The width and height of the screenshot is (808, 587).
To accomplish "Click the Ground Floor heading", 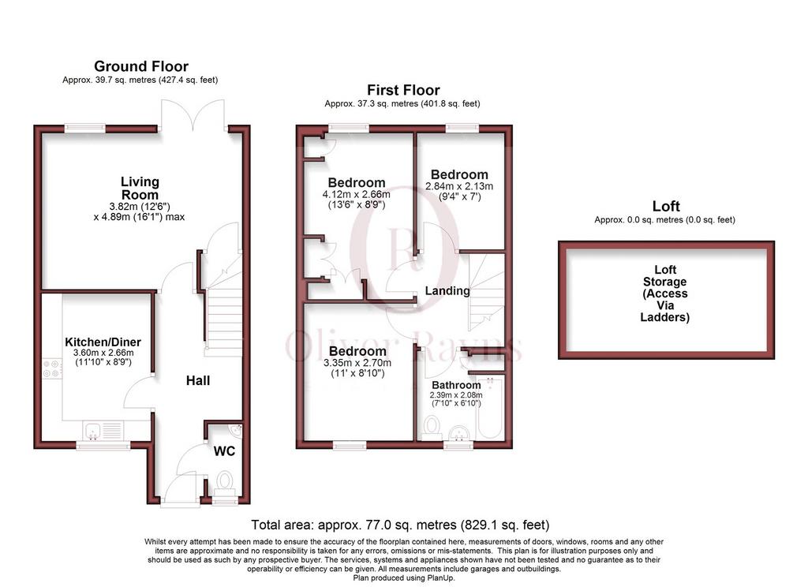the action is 141,66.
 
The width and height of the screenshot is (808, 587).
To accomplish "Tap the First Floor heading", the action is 403,90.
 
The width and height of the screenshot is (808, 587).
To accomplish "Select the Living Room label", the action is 140,188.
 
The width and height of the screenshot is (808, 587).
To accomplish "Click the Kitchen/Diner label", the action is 103,342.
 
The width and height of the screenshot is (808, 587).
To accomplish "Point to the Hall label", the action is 198,380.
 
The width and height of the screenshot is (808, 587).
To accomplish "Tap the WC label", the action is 224,451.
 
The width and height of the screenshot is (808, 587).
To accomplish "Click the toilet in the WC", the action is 225,483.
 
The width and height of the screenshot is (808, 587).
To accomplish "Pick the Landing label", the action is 447,290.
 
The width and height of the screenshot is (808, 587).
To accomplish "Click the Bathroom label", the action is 456,385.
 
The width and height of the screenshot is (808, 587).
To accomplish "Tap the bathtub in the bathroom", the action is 490,408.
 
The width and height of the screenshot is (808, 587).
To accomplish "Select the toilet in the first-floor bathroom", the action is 431,428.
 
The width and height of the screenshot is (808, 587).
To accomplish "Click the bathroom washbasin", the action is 458,432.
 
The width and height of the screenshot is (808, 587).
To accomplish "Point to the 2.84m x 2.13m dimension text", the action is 459,186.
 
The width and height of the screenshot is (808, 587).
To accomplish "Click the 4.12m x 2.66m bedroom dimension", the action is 356,194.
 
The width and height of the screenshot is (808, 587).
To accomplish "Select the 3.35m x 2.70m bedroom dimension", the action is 357,363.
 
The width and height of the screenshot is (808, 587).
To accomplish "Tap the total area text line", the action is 400,525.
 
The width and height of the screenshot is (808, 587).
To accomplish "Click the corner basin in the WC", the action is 235,428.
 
